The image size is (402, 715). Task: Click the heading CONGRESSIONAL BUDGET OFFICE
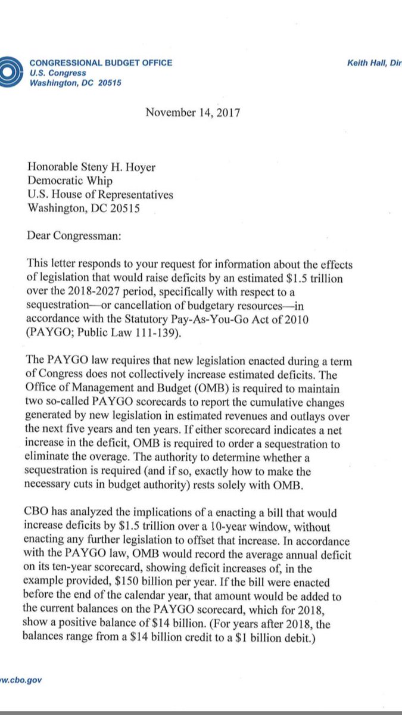coord(101,63)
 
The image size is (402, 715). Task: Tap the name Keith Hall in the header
coord(366,63)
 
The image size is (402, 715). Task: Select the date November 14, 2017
coord(192,112)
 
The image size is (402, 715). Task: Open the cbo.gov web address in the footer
coord(21,679)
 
